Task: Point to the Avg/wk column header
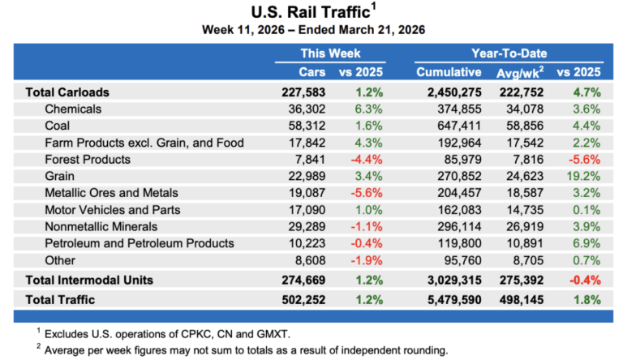(532, 72)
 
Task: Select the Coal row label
(60, 126)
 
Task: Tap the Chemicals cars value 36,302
(304, 109)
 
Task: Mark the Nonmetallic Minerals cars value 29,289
(304, 226)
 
